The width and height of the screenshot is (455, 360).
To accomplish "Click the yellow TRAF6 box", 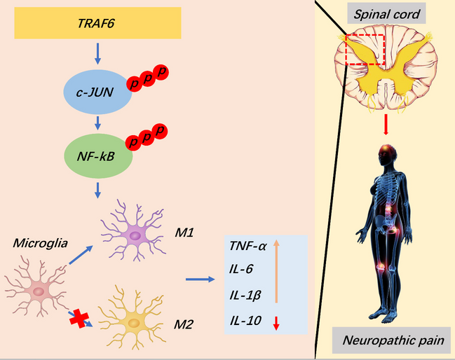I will [x=97, y=25].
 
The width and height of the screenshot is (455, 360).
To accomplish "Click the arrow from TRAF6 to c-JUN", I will [x=97, y=52].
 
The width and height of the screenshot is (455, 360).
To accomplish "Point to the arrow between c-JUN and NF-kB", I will [x=97, y=120].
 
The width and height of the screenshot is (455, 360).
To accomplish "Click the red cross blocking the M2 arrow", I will [x=79, y=319].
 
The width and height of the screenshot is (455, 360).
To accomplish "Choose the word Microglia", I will [x=39, y=242].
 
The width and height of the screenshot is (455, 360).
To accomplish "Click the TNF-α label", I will [x=247, y=246].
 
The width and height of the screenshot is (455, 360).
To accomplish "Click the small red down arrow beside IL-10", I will [x=276, y=321].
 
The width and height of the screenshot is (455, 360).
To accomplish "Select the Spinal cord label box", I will [x=386, y=13].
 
